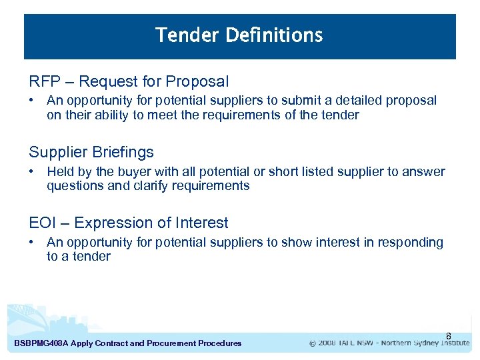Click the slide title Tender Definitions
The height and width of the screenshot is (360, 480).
tap(239, 35)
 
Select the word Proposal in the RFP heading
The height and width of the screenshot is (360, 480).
tap(197, 82)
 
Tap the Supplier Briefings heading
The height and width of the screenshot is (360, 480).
tap(91, 152)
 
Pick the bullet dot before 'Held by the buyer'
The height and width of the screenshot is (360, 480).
tap(32, 172)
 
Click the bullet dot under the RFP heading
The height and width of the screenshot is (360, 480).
tap(32, 101)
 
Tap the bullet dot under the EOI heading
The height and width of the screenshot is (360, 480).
tap(32, 243)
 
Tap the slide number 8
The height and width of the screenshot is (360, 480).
tap(449, 335)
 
